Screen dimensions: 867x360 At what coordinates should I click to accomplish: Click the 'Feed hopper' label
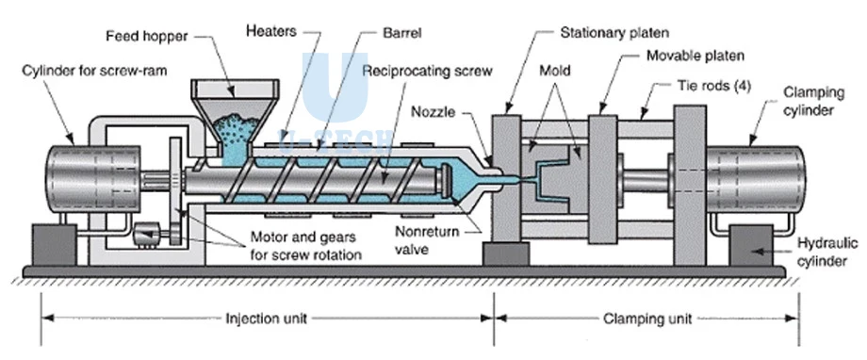(x=146, y=37)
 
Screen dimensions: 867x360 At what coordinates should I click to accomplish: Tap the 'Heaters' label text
(x=271, y=31)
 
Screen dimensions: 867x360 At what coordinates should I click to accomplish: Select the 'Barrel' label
(x=402, y=33)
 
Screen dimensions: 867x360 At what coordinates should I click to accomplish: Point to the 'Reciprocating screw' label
(x=427, y=72)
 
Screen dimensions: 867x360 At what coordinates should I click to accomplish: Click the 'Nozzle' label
(x=433, y=112)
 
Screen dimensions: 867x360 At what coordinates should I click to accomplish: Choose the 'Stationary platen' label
(x=614, y=33)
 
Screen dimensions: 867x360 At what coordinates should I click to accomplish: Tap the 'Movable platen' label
(x=695, y=56)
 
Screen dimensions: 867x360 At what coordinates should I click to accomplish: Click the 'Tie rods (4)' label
(x=713, y=86)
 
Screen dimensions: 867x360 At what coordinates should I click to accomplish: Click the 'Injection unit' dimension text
(x=266, y=319)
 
